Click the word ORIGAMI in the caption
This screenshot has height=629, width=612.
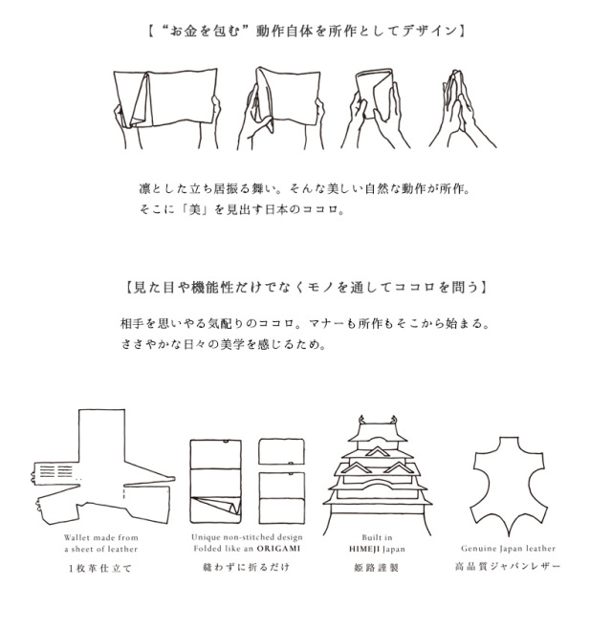pos(278,548)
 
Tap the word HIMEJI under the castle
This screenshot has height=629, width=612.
pos(362,549)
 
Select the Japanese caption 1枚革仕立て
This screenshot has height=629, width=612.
pos(100,568)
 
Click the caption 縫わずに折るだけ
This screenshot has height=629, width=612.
pos(246,567)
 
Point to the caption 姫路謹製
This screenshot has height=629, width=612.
pos(377,567)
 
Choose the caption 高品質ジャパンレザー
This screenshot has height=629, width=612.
pos(508,567)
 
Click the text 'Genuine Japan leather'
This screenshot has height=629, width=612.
pos(508,548)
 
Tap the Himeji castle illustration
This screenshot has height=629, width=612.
pos(377,475)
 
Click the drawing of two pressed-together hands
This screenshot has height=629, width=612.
pos(462,109)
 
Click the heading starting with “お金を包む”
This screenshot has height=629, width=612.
pos(306,31)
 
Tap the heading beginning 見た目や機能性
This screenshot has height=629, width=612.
pos(306,287)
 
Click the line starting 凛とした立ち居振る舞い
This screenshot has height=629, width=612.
pos(304,188)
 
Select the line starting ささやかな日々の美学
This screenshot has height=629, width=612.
pos(224,344)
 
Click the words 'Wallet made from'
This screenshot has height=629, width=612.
pos(101,537)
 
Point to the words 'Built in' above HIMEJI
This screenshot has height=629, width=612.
pos(377,537)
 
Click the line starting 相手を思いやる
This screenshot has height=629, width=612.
pos(305,323)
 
